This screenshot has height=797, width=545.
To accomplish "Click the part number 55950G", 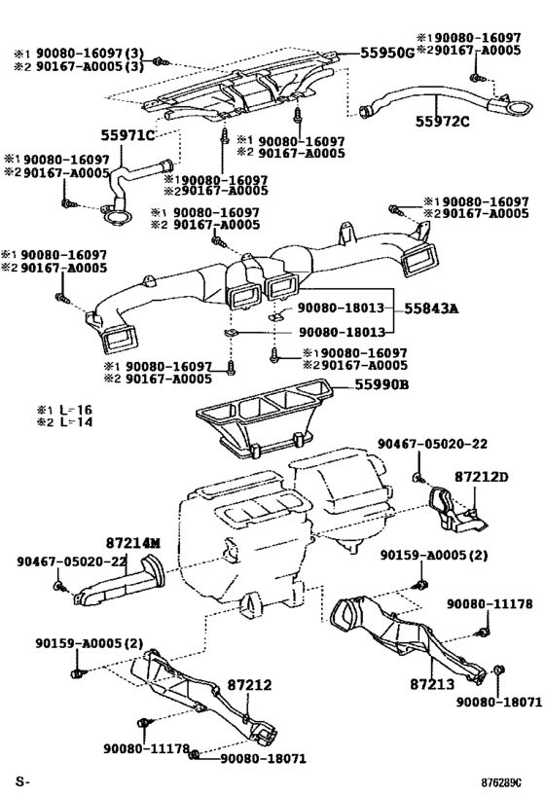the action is [387, 53].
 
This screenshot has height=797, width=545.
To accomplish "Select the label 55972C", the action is [442, 122].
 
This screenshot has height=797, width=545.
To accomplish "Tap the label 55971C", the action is [127, 135].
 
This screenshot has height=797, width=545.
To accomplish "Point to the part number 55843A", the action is [431, 308].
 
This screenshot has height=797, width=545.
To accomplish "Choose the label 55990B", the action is [381, 384].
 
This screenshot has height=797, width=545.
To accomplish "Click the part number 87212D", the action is [481, 477].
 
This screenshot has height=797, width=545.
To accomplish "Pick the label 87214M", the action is [133, 543].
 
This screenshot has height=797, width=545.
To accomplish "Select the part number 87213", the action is [432, 684].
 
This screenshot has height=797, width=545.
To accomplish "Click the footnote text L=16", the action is [76, 410].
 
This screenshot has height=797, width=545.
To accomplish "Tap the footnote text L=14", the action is [76, 422].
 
